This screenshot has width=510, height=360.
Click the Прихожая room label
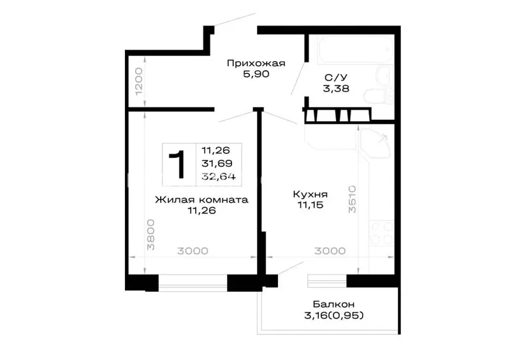point(256,63)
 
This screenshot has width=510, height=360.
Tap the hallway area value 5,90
point(256,74)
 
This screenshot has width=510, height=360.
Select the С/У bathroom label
point(336,77)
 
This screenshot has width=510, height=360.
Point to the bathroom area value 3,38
point(336,89)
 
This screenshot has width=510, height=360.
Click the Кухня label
point(310,194)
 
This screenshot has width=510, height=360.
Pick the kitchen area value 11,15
point(310,205)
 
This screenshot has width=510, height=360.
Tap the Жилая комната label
point(201,199)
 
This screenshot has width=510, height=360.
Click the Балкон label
point(333,305)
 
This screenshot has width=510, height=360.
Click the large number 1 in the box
point(178,164)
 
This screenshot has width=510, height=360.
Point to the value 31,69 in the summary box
point(217,163)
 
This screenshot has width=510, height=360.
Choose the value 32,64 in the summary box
point(219,176)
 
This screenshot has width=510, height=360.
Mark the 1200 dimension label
point(139,82)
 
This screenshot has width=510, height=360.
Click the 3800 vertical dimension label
point(150,234)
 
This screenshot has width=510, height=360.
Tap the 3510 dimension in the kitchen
point(353,199)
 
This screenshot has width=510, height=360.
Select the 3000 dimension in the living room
point(193,251)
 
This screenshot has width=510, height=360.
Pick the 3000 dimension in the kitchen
point(330,251)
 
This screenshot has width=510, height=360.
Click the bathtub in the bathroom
point(356,49)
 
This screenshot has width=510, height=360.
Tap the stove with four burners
point(381,233)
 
